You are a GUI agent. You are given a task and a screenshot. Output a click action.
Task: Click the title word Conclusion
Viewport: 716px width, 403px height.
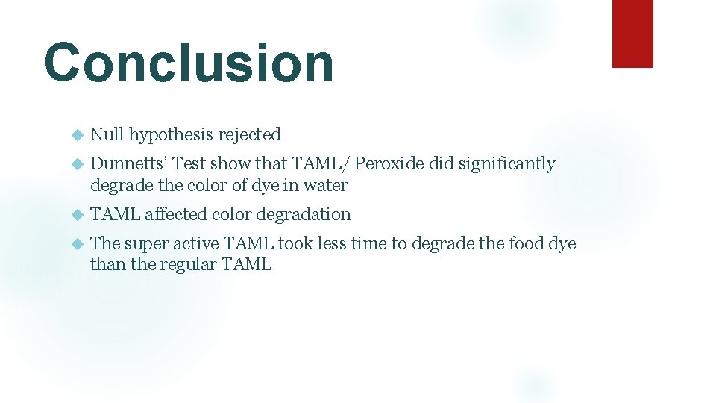click(x=189, y=63)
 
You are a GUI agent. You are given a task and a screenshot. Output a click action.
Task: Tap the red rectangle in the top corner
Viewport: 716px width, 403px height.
click(x=632, y=34)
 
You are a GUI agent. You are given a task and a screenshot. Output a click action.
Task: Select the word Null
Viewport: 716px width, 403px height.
click(x=107, y=135)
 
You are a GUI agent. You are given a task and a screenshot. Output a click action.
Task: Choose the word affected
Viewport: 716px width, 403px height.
click(x=176, y=214)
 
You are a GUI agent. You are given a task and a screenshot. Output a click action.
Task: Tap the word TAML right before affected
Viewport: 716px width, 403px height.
click(x=115, y=214)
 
